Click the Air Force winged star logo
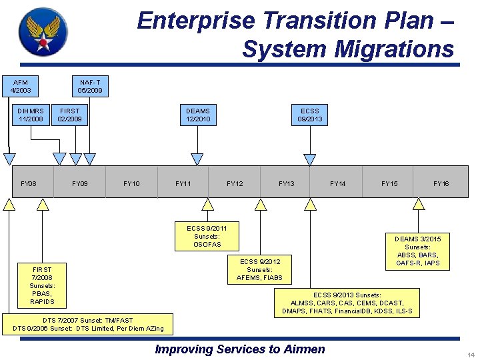click(43, 31)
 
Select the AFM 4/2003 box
click(21, 86)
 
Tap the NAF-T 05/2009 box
click(90, 86)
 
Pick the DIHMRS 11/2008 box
click(31, 115)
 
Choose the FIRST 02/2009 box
click(69, 115)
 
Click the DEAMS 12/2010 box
click(197, 115)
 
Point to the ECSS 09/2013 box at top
click(310, 115)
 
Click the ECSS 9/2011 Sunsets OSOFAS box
click(207, 236)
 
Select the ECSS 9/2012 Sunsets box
click(260, 269)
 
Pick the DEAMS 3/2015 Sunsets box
click(418, 251)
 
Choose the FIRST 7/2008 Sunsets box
click(41, 286)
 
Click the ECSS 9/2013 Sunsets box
click(347, 303)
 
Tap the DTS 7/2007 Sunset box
click(88, 325)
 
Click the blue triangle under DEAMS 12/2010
click(197, 159)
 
